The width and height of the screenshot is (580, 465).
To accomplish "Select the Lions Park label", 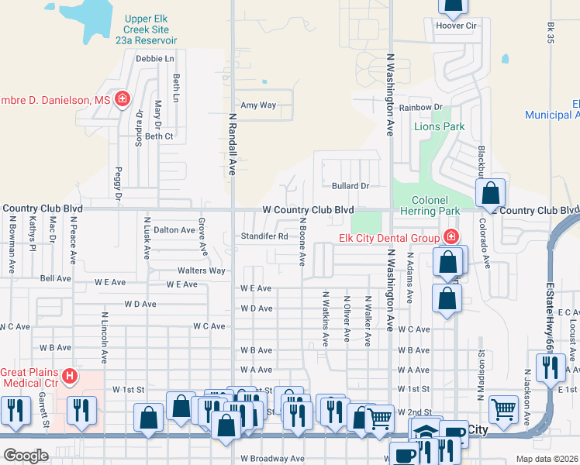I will pyautogui.click(x=439, y=126).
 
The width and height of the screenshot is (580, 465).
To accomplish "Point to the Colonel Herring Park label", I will pyautogui.click(x=430, y=204).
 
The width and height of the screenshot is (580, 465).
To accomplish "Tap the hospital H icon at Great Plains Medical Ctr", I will pyautogui.click(x=70, y=377).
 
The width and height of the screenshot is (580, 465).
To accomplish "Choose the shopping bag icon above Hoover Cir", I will pyautogui.click(x=453, y=6).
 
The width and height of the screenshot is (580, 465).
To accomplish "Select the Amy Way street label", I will pyautogui.click(x=258, y=105).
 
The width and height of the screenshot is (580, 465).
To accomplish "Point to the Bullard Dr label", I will pyautogui.click(x=350, y=186).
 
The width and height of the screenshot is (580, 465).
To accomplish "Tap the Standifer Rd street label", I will pyautogui.click(x=264, y=236).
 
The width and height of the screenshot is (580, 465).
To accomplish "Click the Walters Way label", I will pyautogui.click(x=201, y=270).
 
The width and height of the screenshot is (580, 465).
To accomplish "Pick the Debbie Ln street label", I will pyautogui.click(x=155, y=59).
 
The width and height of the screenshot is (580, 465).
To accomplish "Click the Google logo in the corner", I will pyautogui.click(x=26, y=456).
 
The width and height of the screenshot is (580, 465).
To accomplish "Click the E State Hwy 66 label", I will pyautogui.click(x=549, y=317).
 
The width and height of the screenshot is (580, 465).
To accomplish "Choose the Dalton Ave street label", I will pyautogui.click(x=174, y=230).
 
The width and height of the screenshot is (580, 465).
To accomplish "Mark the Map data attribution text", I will pyautogui.click(x=547, y=459).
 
